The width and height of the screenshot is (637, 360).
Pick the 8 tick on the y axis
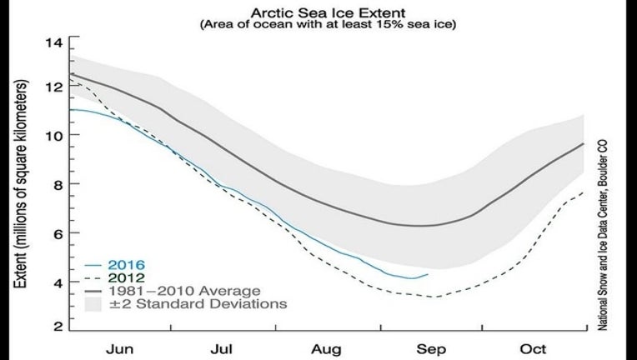click(x=57, y=184)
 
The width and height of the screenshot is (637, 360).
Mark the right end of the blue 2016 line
click(x=428, y=274)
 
